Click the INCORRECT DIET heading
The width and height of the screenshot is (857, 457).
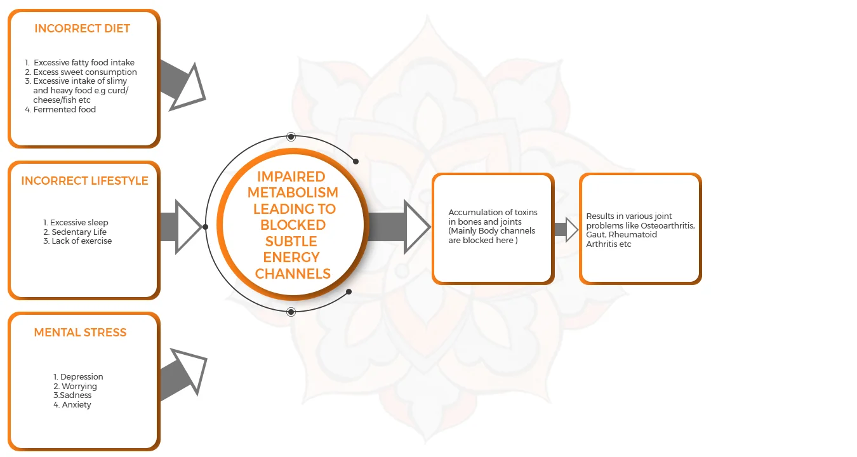pos(82,29)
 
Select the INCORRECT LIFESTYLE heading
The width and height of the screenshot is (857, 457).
pos(84,181)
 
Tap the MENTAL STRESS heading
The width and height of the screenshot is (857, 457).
pos(80,333)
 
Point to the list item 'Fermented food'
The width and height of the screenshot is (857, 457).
pos(64,110)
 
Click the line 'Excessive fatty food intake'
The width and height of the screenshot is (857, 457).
pos(84,63)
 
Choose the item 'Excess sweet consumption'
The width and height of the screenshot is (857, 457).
pos(84,72)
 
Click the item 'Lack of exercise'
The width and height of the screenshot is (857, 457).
pos(81,241)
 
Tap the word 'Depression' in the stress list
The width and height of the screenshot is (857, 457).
pos(81,377)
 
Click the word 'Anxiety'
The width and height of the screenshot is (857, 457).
pos(76,405)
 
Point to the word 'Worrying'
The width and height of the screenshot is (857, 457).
pos(79,387)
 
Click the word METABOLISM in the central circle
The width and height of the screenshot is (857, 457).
pos(293,192)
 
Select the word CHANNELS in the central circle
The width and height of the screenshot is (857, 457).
pos(293,274)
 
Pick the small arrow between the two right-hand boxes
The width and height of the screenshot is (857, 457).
pos(566,229)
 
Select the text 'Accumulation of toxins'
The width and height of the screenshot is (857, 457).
pos(493,213)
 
